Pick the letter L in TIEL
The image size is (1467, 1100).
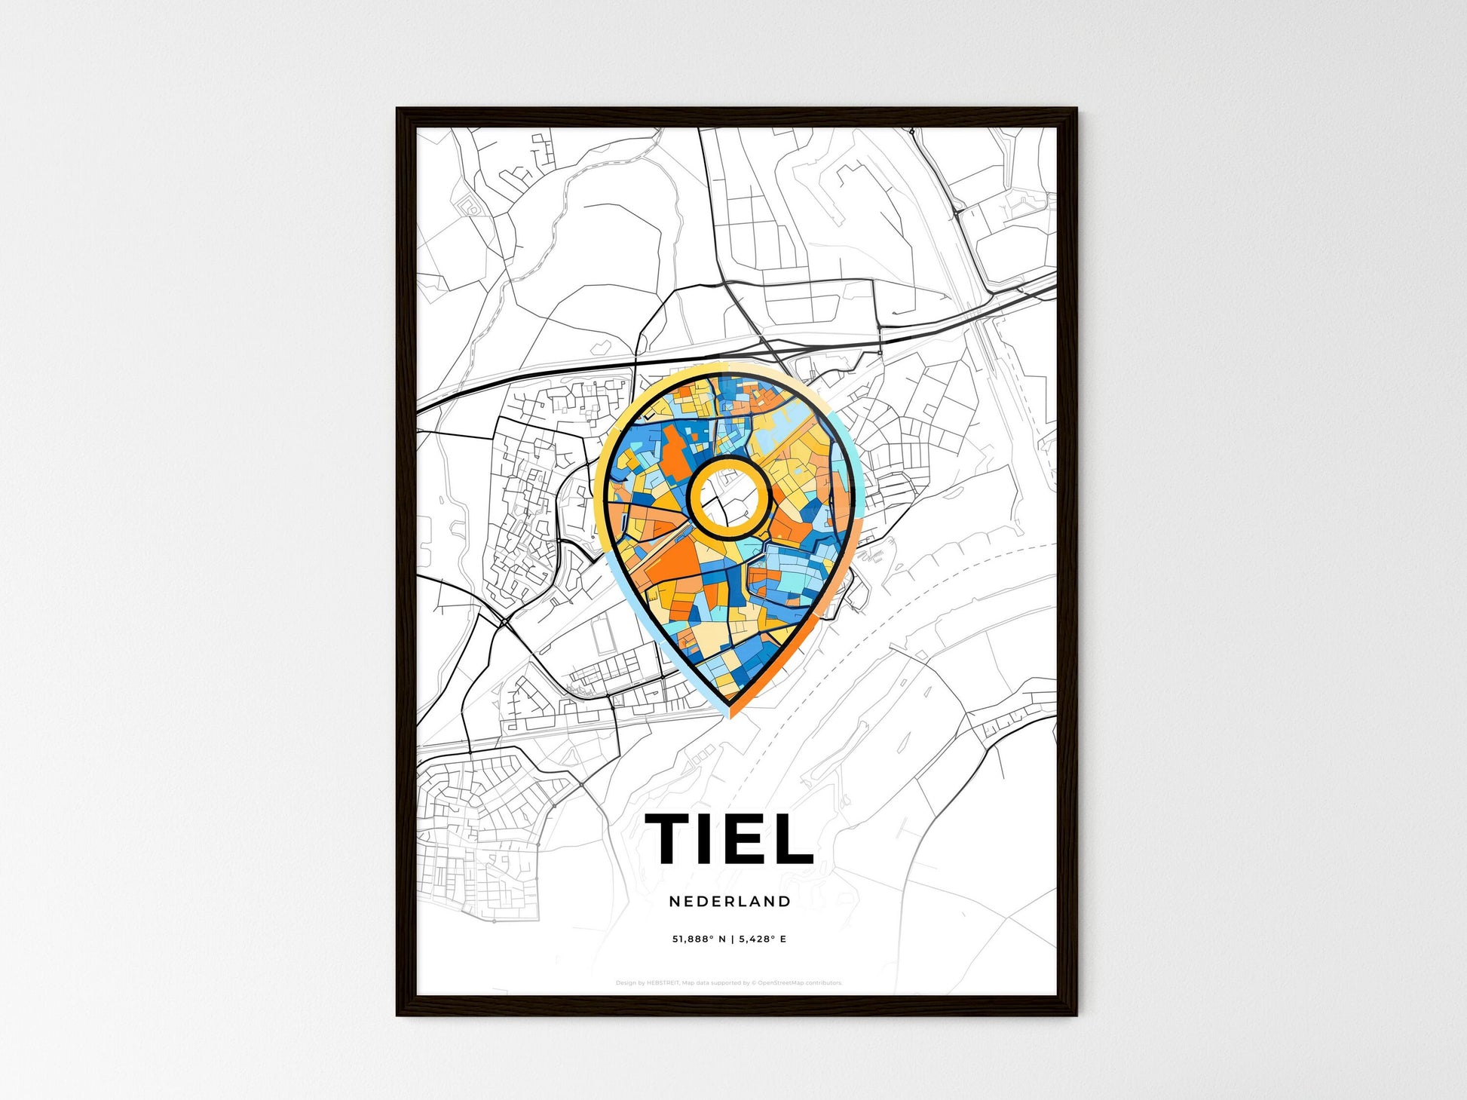pyautogui.click(x=791, y=838)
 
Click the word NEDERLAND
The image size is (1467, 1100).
pyautogui.click(x=730, y=902)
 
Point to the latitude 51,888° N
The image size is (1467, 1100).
pyautogui.click(x=698, y=939)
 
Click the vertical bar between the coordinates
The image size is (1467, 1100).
pyautogui.click(x=730, y=939)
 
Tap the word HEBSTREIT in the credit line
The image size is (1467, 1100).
pyautogui.click(x=663, y=983)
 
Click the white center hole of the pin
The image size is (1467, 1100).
pyautogui.click(x=728, y=497)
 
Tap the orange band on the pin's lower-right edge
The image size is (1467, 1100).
pyautogui.click(x=784, y=663)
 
